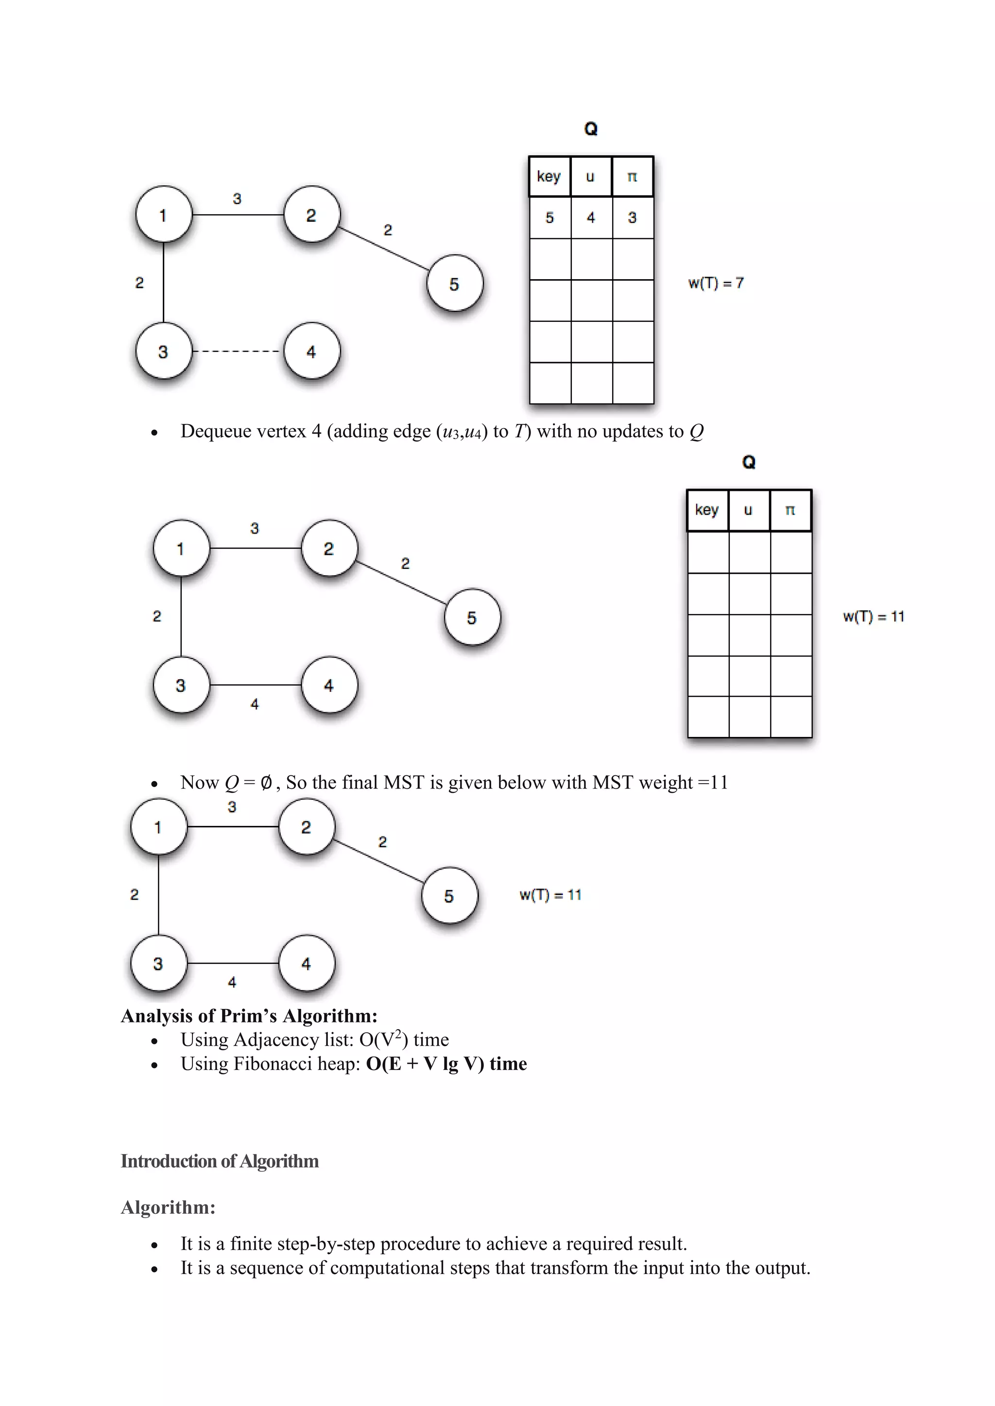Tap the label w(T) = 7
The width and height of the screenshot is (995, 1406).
[x=716, y=283]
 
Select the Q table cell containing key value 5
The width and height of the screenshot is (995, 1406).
[x=549, y=218]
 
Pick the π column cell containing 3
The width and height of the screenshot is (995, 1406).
[x=632, y=218]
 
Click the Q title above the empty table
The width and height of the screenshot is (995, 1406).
[x=749, y=462]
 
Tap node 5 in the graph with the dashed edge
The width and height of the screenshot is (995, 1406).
[x=454, y=284]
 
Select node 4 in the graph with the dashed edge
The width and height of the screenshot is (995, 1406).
[x=311, y=351]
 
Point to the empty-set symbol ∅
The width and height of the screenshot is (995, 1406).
[x=266, y=783]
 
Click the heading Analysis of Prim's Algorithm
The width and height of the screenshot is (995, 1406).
[x=249, y=1016]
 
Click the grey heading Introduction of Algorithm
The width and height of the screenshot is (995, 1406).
[x=219, y=1161]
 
